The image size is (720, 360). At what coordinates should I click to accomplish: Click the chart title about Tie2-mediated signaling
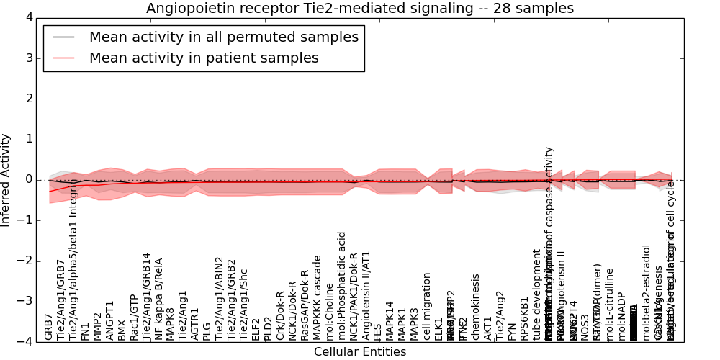[x=360, y=9]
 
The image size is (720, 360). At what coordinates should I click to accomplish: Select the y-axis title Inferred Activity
[x=6, y=180]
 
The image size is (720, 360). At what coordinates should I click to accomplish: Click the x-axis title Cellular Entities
[x=360, y=352]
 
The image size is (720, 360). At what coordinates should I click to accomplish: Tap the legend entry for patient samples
[x=203, y=58]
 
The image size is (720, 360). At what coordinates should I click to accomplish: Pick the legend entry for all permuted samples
[x=223, y=37]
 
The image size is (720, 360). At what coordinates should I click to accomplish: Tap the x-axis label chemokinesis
[x=475, y=307]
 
